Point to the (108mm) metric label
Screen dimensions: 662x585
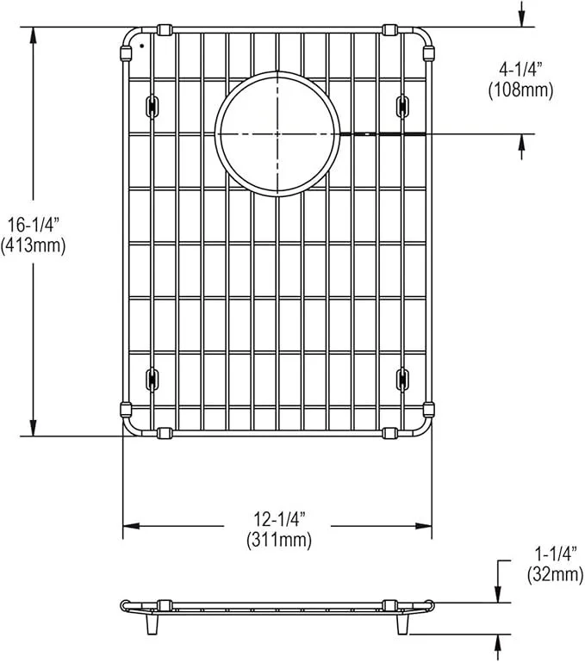click(x=520, y=89)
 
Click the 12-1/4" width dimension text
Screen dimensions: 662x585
click(x=277, y=520)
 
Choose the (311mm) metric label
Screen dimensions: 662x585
click(x=277, y=540)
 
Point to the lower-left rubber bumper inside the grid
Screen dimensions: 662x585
click(x=152, y=376)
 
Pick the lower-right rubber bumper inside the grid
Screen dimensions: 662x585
click(x=401, y=376)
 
